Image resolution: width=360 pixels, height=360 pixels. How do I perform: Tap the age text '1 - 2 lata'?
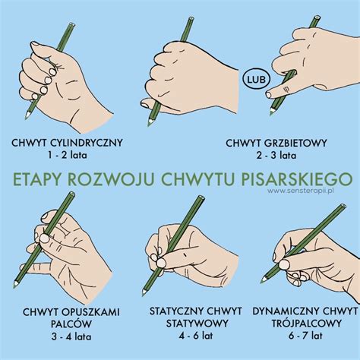point(67,156)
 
